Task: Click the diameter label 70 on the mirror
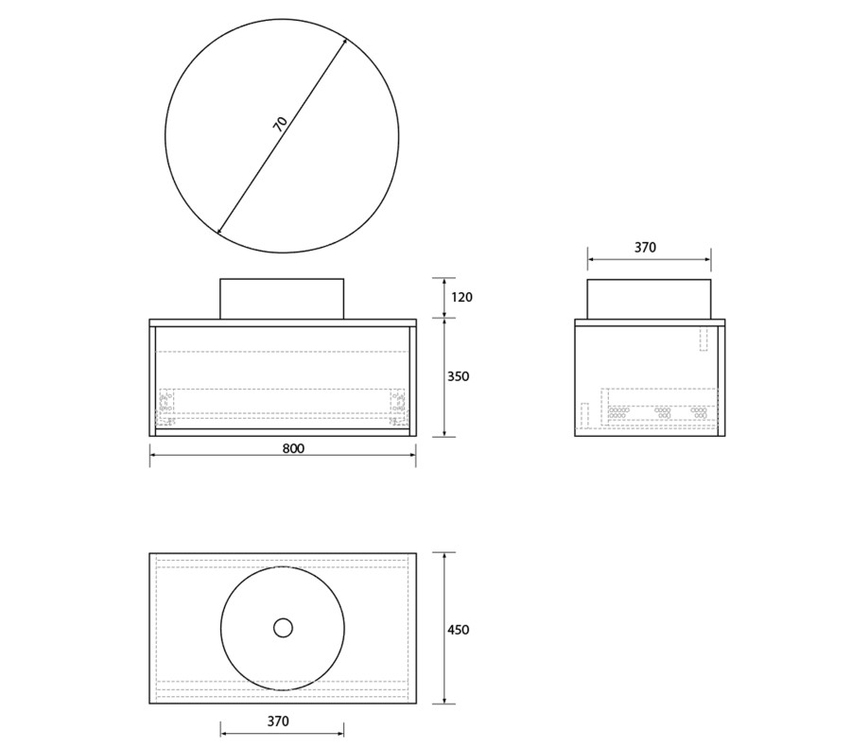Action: (281, 124)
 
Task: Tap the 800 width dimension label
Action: (294, 448)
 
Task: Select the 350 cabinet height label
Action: (458, 376)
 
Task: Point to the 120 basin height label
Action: (461, 297)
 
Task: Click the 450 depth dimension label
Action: (458, 630)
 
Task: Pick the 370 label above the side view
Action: (645, 248)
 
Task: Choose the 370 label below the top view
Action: (278, 721)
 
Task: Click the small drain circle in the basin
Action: (283, 628)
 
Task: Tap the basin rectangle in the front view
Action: (282, 299)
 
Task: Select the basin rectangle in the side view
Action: (649, 299)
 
